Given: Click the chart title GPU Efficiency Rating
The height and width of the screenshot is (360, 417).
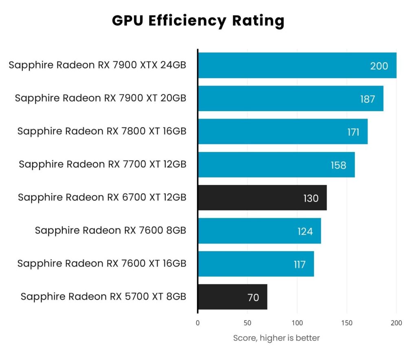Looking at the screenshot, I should click(198, 20).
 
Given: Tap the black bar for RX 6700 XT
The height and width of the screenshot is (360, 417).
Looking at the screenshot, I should click(262, 198).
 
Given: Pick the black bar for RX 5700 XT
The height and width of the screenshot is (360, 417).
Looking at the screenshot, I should click(232, 297).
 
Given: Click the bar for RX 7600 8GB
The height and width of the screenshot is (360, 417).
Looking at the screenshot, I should click(259, 231).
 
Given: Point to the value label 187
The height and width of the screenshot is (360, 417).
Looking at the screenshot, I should click(367, 99).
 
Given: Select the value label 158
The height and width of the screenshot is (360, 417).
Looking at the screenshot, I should click(338, 165).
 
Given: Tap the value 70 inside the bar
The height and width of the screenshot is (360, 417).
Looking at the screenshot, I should click(253, 298).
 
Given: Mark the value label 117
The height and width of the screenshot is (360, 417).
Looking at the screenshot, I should click(299, 265).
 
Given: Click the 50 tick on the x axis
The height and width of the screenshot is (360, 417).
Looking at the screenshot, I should click(248, 323).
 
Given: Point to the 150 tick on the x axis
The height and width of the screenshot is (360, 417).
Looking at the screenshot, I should click(347, 323).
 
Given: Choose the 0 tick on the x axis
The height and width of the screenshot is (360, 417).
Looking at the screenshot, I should click(198, 323).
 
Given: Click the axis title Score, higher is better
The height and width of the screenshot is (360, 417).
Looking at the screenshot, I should click(277, 338).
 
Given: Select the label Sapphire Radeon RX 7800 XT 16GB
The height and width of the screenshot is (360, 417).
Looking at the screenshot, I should click(102, 132).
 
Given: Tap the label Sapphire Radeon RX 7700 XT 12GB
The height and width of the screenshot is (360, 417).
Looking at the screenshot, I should click(103, 165).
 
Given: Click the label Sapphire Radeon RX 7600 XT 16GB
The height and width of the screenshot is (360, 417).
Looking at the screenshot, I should click(102, 264).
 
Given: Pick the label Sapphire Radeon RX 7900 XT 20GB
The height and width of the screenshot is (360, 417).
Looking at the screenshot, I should click(101, 98).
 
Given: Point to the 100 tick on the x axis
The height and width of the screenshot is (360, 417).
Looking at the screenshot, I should click(297, 323).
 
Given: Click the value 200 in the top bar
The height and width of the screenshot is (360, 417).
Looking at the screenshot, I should click(379, 66).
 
